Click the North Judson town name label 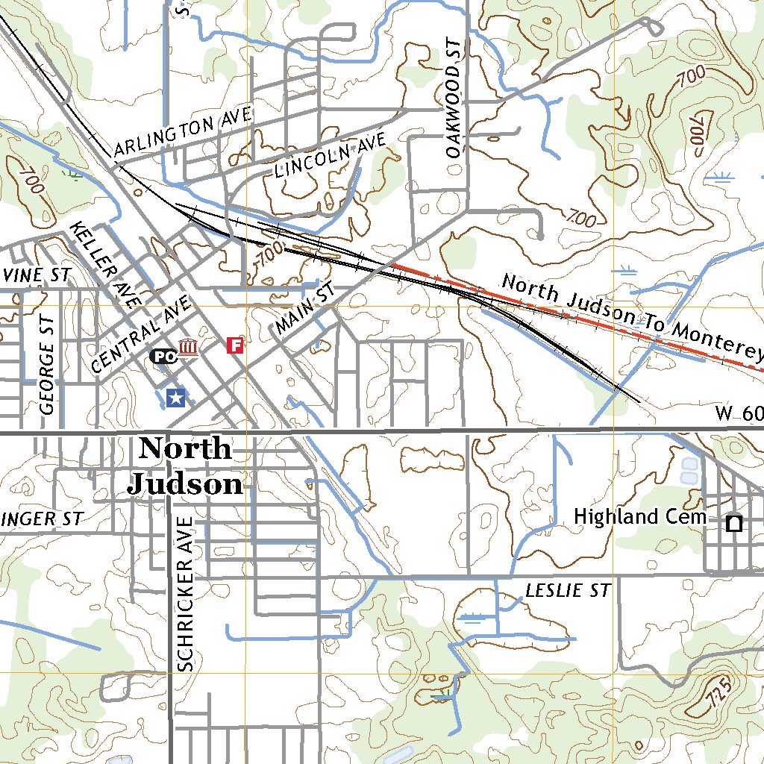[184, 466]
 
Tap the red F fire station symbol [235, 345]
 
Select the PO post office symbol [163, 357]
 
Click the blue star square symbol [176, 398]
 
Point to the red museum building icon [189, 348]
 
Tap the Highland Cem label [639, 517]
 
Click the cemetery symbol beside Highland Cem [734, 523]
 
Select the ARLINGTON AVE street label [184, 133]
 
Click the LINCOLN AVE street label [330, 156]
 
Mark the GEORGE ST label [47, 366]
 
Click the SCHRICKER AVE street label [186, 594]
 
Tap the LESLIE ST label [568, 591]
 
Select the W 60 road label [739, 413]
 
